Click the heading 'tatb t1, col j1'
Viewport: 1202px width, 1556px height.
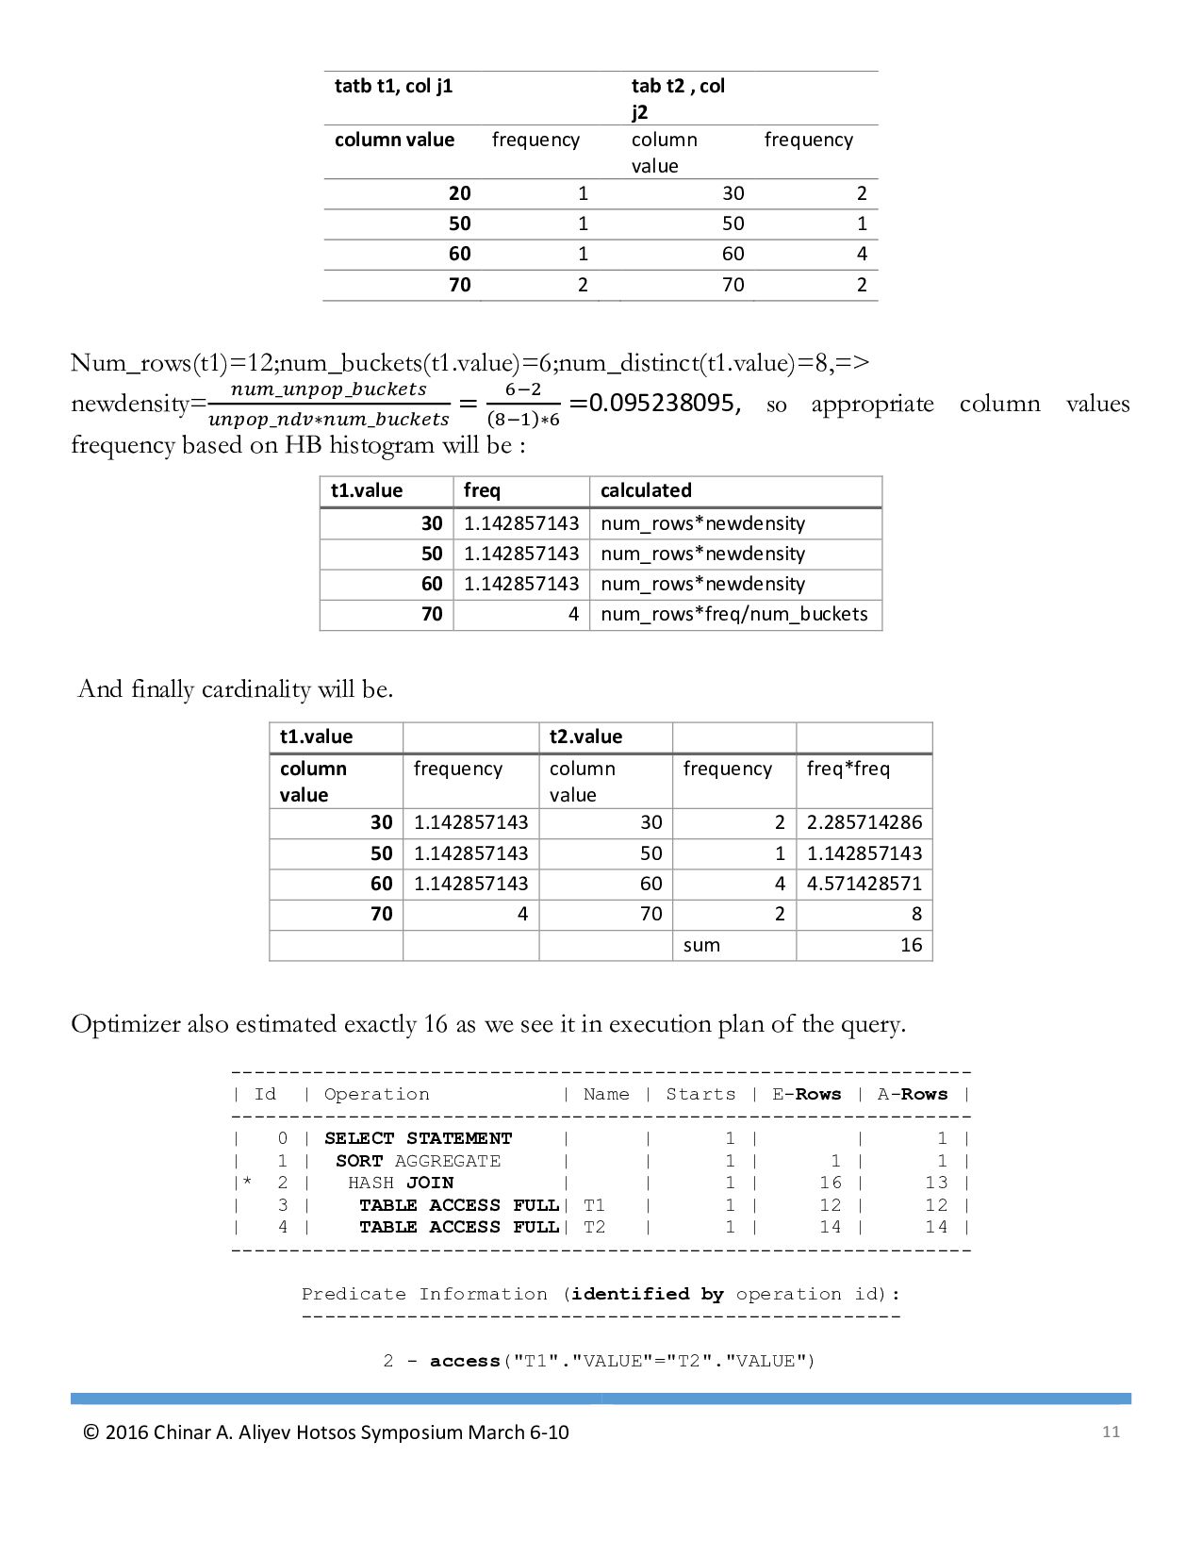393,86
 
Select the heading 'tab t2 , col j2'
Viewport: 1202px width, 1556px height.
678,98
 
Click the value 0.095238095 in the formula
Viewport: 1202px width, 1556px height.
664,404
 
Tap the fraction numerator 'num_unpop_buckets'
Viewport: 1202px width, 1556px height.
328,389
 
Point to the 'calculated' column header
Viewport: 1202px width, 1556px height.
646,490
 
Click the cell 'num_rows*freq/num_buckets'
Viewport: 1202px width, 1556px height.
733,614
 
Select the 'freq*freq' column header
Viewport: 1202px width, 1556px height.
848,769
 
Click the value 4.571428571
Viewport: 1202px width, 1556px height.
864,884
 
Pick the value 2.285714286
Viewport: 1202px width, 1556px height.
864,822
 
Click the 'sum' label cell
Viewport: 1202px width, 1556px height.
701,945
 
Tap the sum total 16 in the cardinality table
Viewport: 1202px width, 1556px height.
911,945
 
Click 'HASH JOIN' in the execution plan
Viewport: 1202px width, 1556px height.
401,1183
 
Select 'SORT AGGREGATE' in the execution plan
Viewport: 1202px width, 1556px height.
418,1161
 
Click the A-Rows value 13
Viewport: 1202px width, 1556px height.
935,1183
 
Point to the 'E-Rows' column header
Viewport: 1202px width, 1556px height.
806,1094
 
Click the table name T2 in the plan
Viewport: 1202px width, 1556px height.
594,1227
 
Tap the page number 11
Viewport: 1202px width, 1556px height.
1111,1432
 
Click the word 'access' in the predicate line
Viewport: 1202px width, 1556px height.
464,1361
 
